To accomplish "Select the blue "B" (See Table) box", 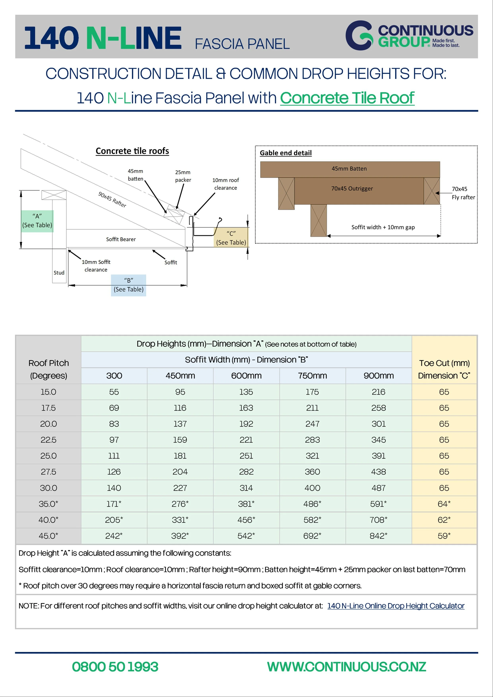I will click(128, 285).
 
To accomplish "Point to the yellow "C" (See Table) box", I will click(231, 238).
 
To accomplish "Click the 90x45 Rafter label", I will click(112, 199).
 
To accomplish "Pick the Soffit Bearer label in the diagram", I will click(121, 239).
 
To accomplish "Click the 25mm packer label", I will click(183, 176).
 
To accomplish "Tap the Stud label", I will click(59, 273).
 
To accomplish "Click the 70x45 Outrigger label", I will click(352, 189).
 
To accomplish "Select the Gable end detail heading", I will click(285, 153).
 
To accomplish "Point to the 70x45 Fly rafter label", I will click(463, 193).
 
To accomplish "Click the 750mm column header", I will click(312, 376).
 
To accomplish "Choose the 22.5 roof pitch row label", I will click(48, 440).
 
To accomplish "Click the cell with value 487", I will click(378, 488).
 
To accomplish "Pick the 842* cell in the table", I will click(378, 536).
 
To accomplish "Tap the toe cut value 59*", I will click(444, 536).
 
